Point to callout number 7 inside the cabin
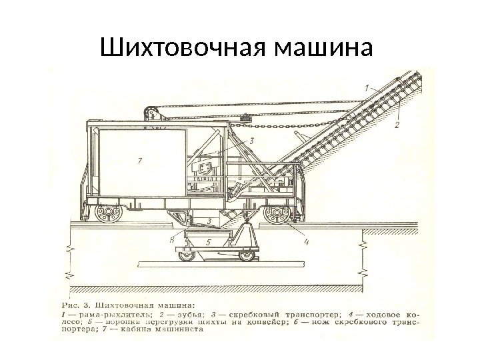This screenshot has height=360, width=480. tap(139, 160)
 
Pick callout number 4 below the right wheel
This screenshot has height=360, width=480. tap(306, 242)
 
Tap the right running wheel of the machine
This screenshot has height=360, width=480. tap(275, 215)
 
